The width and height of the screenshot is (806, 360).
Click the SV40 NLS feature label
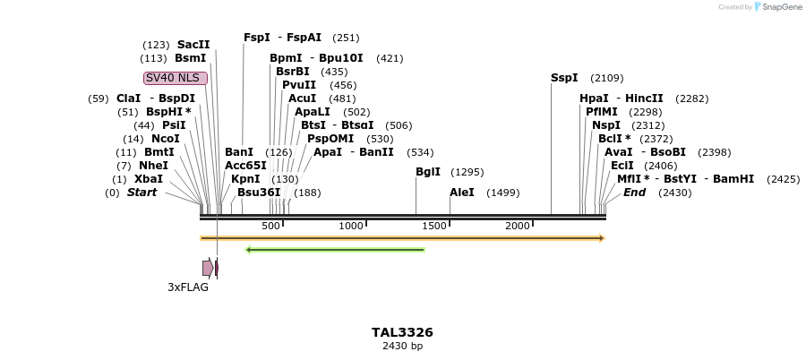tap(176, 78)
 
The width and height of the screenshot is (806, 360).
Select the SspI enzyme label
tap(564, 78)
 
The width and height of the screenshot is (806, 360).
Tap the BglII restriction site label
tap(428, 172)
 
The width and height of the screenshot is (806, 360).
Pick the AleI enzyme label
tap(462, 193)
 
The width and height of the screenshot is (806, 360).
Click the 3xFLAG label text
tap(188, 287)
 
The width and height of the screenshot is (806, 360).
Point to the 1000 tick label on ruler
tap(351, 226)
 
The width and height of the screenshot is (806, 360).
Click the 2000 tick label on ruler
tap(518, 226)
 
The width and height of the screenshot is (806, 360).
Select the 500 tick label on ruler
tap(270, 226)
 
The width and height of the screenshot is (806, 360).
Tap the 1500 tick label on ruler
tap(434, 226)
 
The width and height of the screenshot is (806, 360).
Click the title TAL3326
tap(402, 332)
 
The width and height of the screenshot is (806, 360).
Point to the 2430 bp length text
tap(402, 346)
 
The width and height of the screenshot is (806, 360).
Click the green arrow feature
tap(335, 250)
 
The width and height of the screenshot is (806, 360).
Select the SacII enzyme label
tap(193, 45)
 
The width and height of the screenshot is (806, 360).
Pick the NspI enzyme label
tap(606, 125)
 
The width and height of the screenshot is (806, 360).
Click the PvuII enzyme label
tap(299, 85)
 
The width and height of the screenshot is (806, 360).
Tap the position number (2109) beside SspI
tap(607, 78)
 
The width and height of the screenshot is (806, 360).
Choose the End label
tap(634, 193)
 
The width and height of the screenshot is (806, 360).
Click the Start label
tap(141, 193)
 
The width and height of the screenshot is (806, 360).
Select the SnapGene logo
tap(777, 7)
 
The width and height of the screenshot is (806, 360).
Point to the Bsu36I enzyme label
tap(259, 193)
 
